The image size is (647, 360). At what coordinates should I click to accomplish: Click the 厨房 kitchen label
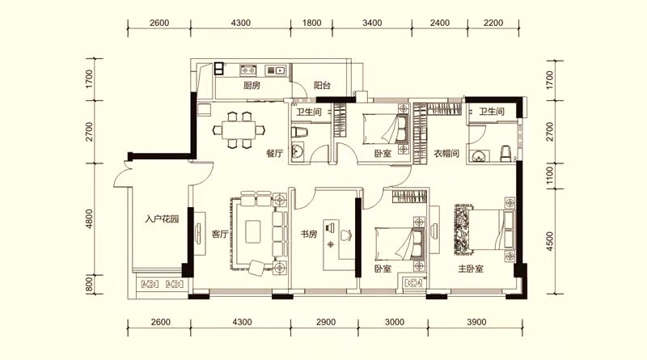tap(252, 86)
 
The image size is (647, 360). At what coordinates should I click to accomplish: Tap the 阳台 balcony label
tap(322, 86)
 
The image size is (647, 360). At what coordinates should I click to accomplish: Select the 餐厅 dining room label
tap(275, 154)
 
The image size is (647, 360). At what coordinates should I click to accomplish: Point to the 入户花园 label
tap(163, 218)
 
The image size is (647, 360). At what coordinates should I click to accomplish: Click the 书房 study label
tap(309, 234)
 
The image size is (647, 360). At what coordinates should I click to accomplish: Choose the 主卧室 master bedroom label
tap(471, 269)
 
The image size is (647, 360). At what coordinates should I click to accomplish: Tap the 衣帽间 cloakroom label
tap(446, 154)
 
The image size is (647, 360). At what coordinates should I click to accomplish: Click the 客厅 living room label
tap(220, 234)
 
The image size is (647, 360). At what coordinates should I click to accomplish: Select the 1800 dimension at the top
tap(311, 23)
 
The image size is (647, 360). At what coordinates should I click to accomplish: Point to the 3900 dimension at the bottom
tap(476, 322)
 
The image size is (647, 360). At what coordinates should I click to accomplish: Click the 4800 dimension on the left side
tap(90, 218)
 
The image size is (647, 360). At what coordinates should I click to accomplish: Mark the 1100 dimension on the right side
tap(549, 176)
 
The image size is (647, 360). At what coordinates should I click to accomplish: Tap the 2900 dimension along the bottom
tap(326, 322)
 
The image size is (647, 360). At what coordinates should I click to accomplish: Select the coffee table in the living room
tap(253, 231)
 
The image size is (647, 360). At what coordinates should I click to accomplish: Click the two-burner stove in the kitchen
tap(248, 70)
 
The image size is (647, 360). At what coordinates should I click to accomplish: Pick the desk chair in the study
tap(345, 235)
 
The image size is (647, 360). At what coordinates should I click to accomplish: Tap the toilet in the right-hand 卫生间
tap(506, 154)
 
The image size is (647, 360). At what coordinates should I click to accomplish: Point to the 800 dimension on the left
tap(90, 285)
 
